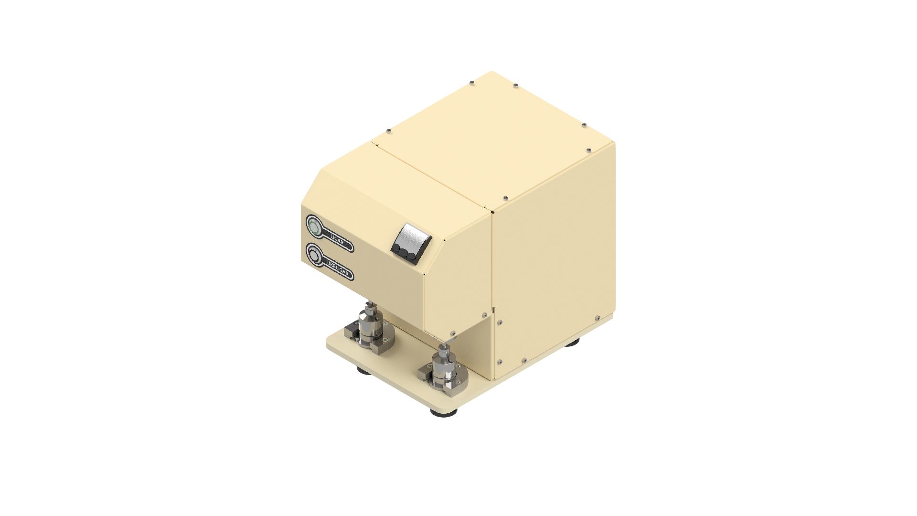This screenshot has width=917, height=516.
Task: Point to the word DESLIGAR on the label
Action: click(x=340, y=269)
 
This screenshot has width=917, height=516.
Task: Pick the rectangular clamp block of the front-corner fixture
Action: click(x=426, y=373)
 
